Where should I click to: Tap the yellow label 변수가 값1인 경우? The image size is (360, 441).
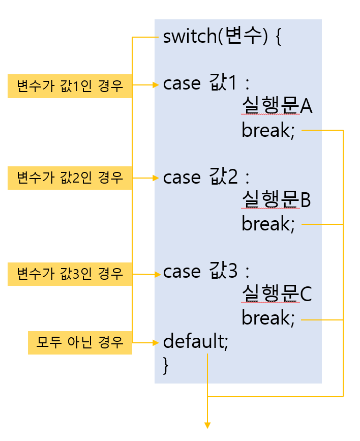(x=70, y=86)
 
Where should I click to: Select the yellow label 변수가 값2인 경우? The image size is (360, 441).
(x=70, y=178)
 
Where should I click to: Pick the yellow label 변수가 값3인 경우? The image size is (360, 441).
(x=70, y=274)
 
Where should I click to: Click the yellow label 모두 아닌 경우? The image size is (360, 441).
(x=80, y=342)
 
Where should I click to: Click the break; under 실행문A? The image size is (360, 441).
(x=268, y=131)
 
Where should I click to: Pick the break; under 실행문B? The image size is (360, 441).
(x=268, y=224)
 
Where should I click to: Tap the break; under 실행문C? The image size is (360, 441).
(x=268, y=319)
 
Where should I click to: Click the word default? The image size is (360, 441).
(x=196, y=341)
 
